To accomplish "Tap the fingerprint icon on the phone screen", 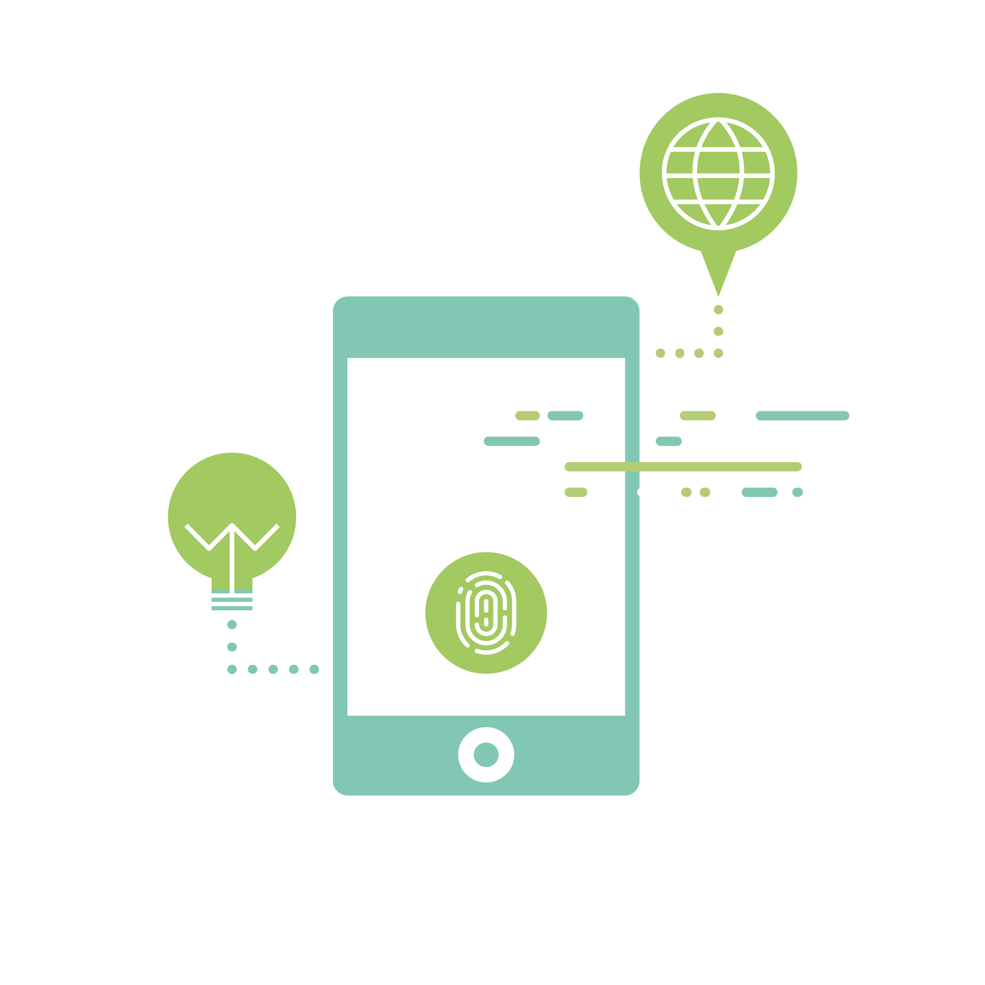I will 486,613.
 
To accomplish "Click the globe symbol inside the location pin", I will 718,173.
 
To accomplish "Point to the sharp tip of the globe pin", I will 718,294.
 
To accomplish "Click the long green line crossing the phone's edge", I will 683,466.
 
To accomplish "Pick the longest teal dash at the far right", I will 802,416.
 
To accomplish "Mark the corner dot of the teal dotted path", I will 232,669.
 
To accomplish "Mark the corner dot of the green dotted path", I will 718,353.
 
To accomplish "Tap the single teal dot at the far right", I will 798,492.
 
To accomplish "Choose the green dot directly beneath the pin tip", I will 718,310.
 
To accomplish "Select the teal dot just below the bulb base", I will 232,625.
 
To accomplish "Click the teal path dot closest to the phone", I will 314,669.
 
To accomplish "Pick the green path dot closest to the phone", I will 660,353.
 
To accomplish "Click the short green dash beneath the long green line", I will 576,492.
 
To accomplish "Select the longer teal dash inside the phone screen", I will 512,441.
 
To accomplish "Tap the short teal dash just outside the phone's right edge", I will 669,441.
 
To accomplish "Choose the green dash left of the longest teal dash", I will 698,416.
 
